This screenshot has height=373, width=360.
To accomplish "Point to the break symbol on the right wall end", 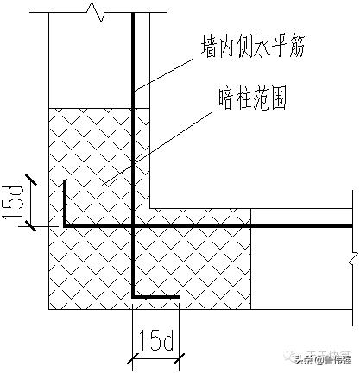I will pyautogui.click(x=352, y=256).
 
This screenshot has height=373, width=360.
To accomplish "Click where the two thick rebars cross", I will pyautogui.click(x=133, y=227).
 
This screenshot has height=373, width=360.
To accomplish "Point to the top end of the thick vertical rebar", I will pyautogui.click(x=133, y=15).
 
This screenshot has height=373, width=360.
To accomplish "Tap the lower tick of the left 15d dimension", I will pyautogui.click(x=30, y=227).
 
